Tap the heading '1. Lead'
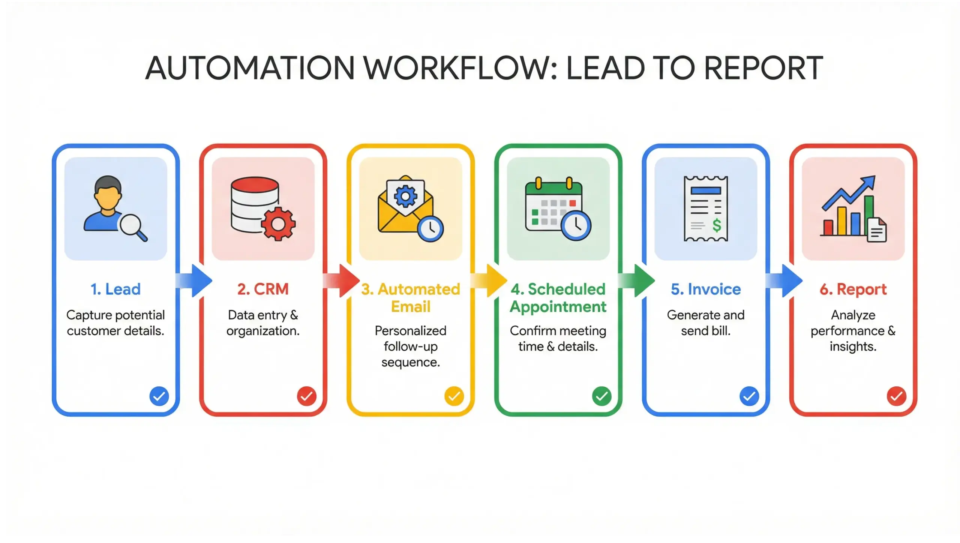click(115, 289)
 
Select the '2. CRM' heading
click(263, 289)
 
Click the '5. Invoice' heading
click(706, 289)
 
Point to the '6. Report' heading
click(853, 289)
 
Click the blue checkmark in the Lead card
click(159, 396)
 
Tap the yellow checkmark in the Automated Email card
click(454, 396)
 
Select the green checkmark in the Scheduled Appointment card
click(601, 396)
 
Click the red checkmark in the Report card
click(897, 396)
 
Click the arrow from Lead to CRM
click(195, 280)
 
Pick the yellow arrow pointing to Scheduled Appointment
click(490, 280)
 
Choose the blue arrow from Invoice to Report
click(785, 280)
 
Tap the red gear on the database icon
click(278, 224)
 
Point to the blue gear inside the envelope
click(405, 195)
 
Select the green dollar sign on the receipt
click(717, 225)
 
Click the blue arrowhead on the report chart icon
click(868, 183)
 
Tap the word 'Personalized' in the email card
click(410, 331)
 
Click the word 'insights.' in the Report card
click(853, 346)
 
